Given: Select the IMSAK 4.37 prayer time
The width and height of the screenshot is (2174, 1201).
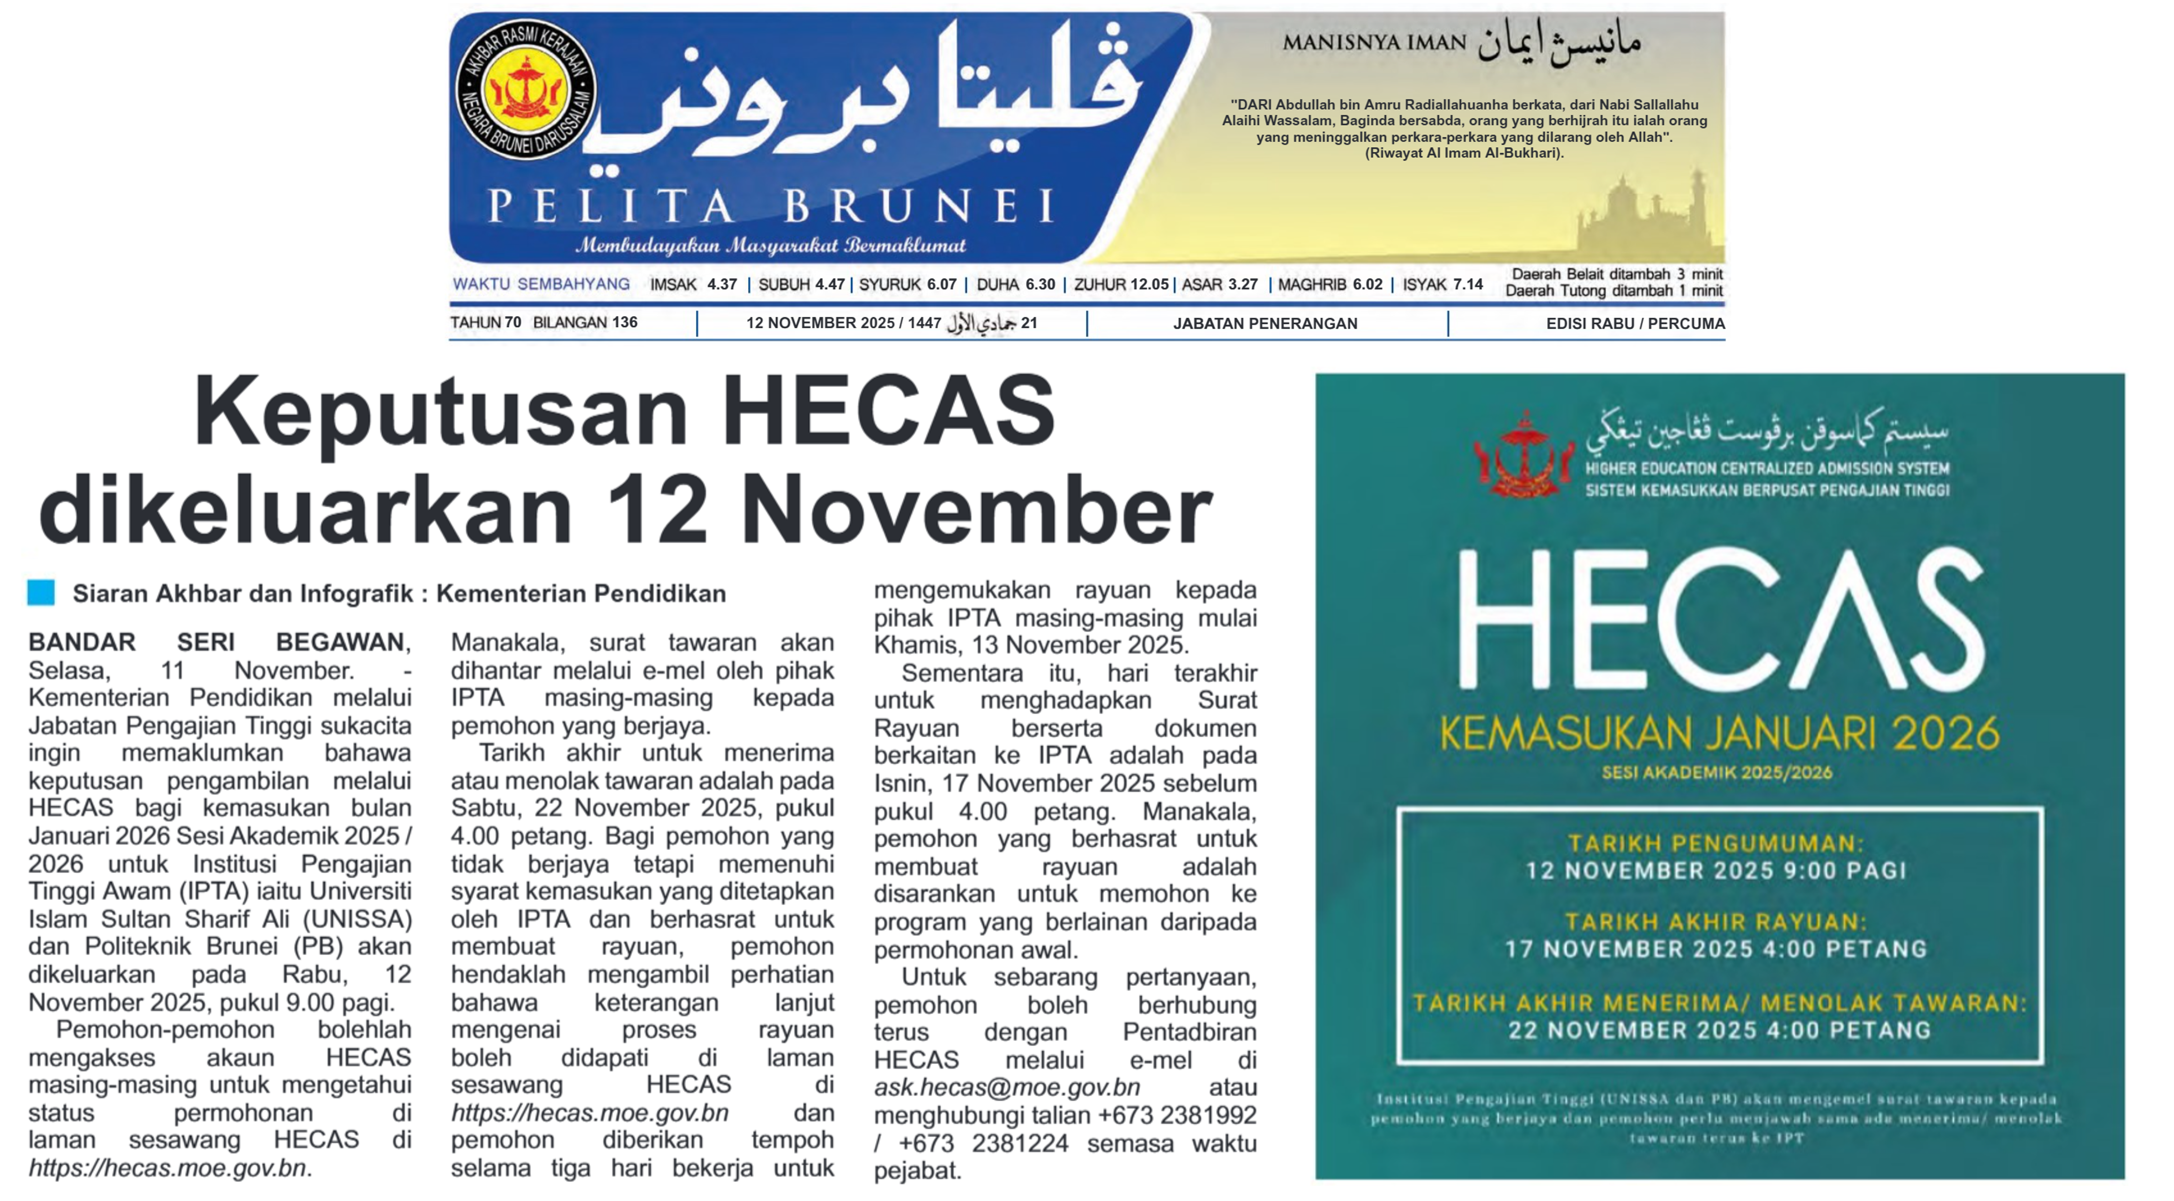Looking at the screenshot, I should pos(693,284).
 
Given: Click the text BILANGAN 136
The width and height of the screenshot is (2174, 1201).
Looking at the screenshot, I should pos(585,323).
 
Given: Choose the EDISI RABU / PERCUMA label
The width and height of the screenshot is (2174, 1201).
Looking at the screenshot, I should pos(1635,323).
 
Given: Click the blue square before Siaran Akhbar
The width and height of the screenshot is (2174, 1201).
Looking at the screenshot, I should pos(41,592).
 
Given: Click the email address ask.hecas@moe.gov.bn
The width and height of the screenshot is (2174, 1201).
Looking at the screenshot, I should pos(1007,1087).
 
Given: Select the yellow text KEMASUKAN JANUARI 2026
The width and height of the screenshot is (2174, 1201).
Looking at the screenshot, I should pos(1718,733).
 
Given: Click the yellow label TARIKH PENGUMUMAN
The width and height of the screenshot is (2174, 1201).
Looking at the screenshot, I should pos(1716,843).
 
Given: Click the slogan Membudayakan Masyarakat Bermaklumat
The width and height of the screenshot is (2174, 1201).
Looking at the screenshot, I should pos(770,246).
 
